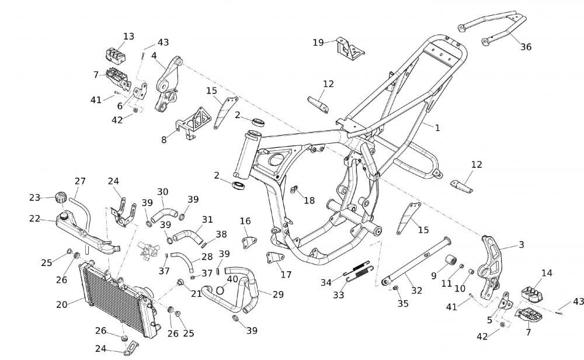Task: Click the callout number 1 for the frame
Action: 438,127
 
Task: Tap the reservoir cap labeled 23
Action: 60,196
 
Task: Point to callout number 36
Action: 526,47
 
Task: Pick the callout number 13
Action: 128,36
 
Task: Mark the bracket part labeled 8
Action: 192,126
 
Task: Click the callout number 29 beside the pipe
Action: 278,294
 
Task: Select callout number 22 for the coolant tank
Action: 34,218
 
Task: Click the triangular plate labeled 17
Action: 274,258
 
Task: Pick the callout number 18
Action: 309,200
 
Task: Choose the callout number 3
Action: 522,245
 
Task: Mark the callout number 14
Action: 547,273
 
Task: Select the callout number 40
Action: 232,279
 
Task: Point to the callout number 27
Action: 80,181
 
